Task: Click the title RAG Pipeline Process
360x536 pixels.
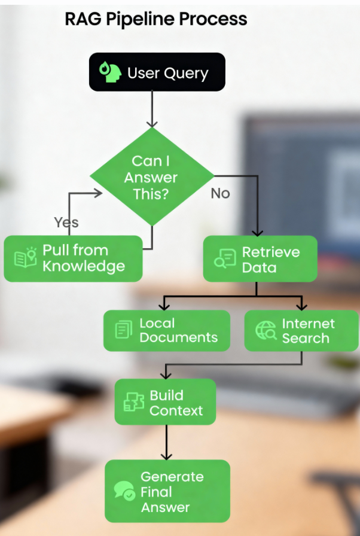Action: point(155,19)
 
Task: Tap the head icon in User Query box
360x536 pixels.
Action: point(110,72)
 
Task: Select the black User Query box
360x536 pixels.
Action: point(157,72)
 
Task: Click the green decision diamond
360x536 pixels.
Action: point(152,176)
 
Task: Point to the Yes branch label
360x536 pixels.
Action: point(66,223)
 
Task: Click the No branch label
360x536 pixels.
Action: point(220,193)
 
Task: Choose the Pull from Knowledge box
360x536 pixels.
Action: point(73,258)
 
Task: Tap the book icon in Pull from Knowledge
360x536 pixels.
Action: point(25,257)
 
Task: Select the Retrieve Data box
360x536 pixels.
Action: point(260,259)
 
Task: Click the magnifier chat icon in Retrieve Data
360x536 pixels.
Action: point(225,259)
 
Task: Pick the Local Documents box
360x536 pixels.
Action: point(167,331)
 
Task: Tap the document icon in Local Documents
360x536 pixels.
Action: point(124,330)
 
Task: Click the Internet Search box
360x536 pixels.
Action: point(301,331)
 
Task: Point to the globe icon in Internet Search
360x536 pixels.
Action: point(266,330)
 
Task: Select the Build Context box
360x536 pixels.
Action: point(165,402)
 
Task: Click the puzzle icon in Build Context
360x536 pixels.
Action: point(133,402)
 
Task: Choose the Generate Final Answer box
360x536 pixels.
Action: point(167,491)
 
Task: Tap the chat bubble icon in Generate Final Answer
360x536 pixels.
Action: point(124,491)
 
